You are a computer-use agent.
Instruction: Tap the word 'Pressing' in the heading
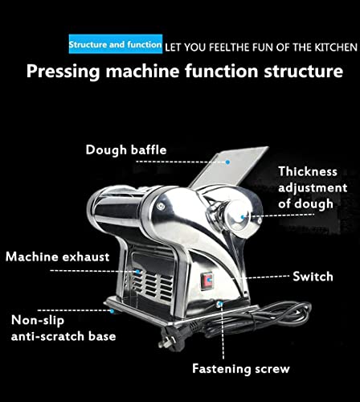tap(65, 71)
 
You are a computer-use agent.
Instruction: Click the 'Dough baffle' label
tap(122, 149)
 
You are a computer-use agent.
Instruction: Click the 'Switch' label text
tap(313, 276)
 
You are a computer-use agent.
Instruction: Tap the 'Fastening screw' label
tap(240, 369)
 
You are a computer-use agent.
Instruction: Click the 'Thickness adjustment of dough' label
tap(307, 187)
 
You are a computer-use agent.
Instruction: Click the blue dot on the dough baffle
tap(228, 162)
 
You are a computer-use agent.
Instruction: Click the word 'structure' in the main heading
tap(287, 71)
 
